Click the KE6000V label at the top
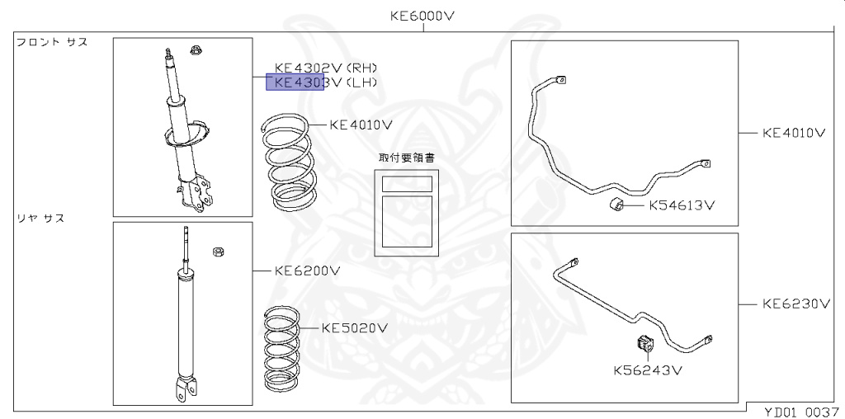coord(422,16)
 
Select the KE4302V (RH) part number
coord(326,68)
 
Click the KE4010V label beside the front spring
coord(361,125)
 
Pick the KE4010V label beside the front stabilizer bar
coord(794,133)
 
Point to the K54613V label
coord(681,205)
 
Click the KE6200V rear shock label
coord(307,271)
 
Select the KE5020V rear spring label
coord(355,328)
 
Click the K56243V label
coord(649,370)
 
